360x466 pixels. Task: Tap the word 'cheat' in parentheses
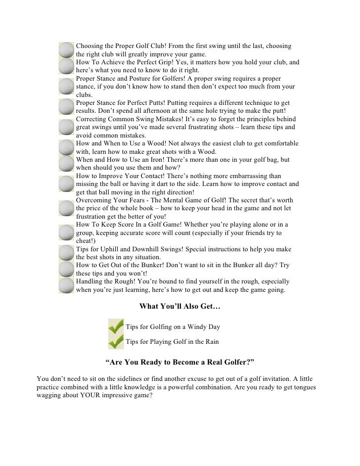(85, 240)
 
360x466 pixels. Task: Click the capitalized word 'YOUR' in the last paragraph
(87, 396)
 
